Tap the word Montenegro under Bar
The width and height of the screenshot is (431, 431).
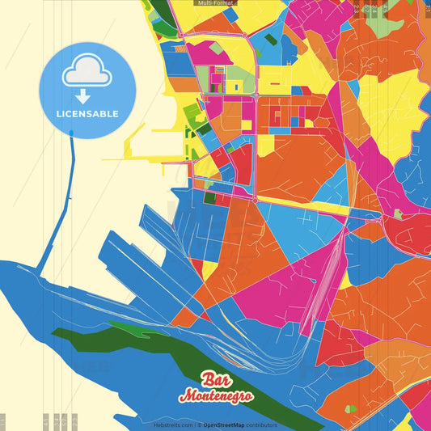(x=216, y=396)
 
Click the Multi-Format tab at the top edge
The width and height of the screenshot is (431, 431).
(x=214, y=3)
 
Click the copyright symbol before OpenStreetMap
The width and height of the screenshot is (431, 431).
(x=199, y=425)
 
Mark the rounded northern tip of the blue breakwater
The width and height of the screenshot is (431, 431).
(x=72, y=132)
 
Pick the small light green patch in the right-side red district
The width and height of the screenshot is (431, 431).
(x=398, y=214)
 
